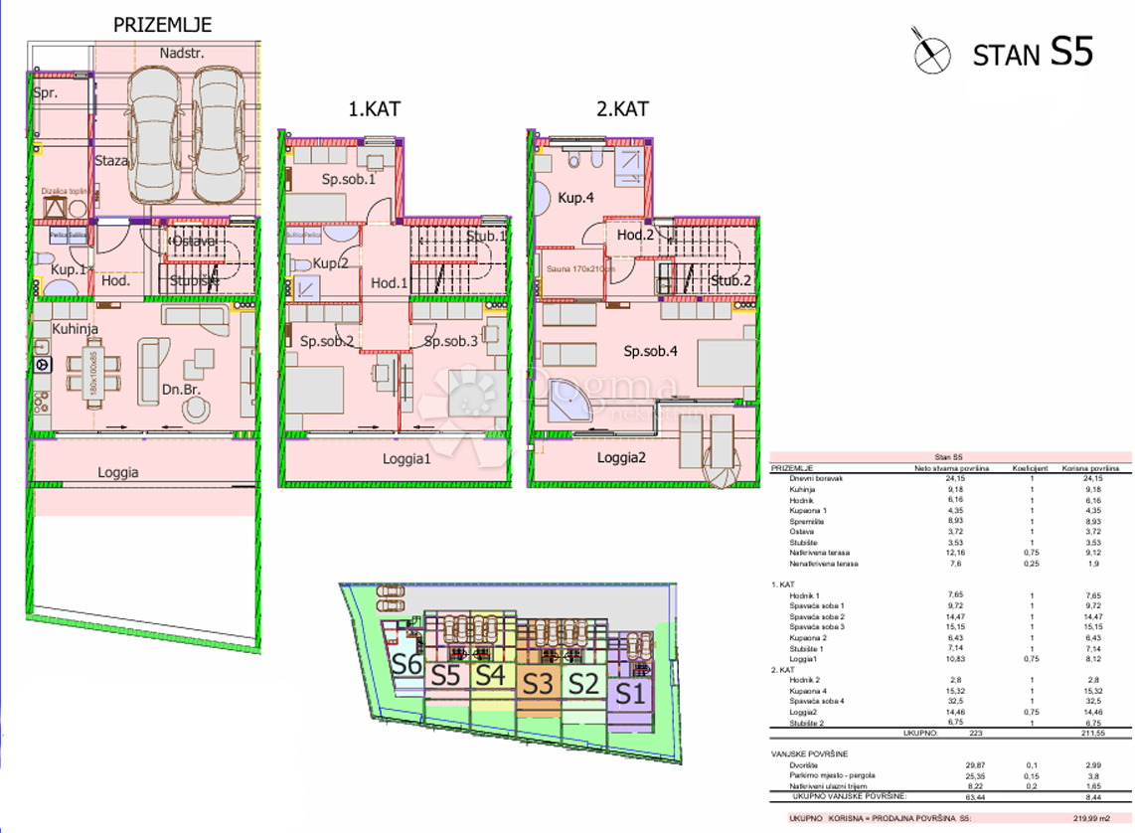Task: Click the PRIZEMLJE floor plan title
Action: coord(162,24)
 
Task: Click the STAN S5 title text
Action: coord(1033,54)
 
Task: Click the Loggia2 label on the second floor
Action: coord(622,458)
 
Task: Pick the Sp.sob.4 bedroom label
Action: coord(651,352)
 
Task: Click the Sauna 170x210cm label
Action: coord(580,268)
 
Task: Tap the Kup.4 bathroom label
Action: coord(575,198)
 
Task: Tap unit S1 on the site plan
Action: coord(627,693)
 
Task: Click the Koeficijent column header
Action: coord(1025,466)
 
